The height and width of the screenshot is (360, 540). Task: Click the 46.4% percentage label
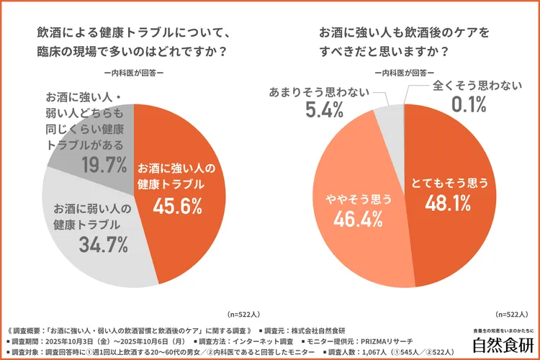tap(356, 219)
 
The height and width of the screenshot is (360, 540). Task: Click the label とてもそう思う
tap(451, 183)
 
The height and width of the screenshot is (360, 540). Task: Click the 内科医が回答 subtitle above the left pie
tap(134, 72)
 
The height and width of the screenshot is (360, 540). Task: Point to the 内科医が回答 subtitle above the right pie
tap(403, 72)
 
